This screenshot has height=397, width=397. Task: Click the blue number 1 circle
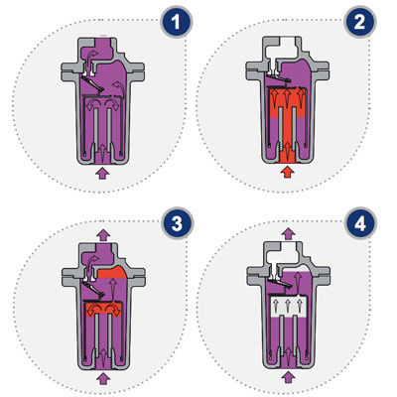point(176,22)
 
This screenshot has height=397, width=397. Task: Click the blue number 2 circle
point(359,22)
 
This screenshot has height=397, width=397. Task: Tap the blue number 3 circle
point(177,223)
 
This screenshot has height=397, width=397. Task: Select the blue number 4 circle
point(360,223)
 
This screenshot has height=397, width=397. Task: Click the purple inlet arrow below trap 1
point(102,173)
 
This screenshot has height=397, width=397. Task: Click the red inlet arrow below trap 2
point(287,172)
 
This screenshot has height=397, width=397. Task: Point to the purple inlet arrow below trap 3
point(103,378)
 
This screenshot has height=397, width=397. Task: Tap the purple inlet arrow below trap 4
point(288,377)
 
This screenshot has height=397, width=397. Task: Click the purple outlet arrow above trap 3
point(103,234)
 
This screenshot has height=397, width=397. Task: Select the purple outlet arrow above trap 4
point(289,233)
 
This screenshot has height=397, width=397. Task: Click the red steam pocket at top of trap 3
point(112,273)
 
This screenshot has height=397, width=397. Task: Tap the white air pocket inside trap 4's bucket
point(287,306)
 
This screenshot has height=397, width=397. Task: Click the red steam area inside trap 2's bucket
point(287,102)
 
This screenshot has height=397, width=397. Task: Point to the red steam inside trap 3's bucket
point(103,310)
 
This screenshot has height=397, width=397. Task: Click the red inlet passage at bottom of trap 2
point(287,154)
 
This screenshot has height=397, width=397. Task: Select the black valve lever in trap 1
point(93,84)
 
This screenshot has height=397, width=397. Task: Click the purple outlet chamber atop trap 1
point(99,48)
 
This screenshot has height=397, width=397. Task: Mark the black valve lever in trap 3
point(94,289)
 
